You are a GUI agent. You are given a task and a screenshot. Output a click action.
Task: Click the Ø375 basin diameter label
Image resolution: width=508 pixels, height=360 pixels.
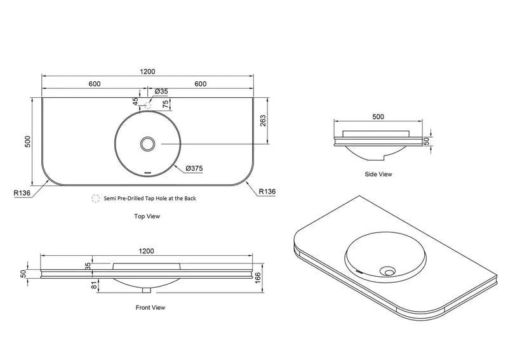point(194,168)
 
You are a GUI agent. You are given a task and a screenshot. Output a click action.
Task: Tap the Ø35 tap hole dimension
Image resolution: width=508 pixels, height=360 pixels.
point(161,91)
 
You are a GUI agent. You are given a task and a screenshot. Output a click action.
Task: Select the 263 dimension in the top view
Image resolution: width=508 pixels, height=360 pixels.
point(263,121)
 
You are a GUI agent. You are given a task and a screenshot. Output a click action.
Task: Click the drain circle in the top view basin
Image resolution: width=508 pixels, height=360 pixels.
point(148,143)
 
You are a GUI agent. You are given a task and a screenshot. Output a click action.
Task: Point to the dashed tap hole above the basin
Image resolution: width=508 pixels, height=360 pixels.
point(148,105)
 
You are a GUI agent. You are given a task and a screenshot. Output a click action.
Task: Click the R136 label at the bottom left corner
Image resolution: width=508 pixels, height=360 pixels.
point(22,193)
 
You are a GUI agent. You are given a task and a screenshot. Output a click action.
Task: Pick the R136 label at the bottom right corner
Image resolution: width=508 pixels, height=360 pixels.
point(267,192)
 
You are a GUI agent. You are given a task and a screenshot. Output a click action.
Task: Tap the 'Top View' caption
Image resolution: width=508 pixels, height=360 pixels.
point(147,216)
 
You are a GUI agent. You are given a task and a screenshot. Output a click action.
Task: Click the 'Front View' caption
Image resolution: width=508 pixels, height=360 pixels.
point(150,307)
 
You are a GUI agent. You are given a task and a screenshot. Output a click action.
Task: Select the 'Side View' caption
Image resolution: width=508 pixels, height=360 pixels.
point(378,175)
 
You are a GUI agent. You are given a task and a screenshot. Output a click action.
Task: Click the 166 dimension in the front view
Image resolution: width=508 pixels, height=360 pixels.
point(258,278)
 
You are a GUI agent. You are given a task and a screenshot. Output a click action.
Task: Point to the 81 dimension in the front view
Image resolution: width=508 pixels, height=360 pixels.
point(94,286)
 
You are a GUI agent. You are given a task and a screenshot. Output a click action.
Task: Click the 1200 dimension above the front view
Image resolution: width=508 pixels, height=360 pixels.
point(147,251)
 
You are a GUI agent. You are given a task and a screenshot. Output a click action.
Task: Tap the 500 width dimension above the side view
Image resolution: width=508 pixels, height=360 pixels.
point(378,117)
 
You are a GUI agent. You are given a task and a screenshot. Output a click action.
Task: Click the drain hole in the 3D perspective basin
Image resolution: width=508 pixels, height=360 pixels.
point(388,271)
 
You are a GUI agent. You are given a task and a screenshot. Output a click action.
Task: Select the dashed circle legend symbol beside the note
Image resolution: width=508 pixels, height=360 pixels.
point(96,199)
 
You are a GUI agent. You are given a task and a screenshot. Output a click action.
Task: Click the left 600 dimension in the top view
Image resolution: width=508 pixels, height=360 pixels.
point(95,84)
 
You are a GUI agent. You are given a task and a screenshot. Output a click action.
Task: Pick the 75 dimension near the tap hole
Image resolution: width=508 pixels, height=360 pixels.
point(166,104)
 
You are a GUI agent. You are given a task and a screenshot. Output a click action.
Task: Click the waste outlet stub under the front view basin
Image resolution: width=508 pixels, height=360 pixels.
point(147,290)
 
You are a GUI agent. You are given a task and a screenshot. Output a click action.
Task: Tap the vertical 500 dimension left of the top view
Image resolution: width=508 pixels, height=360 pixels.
point(28,142)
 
